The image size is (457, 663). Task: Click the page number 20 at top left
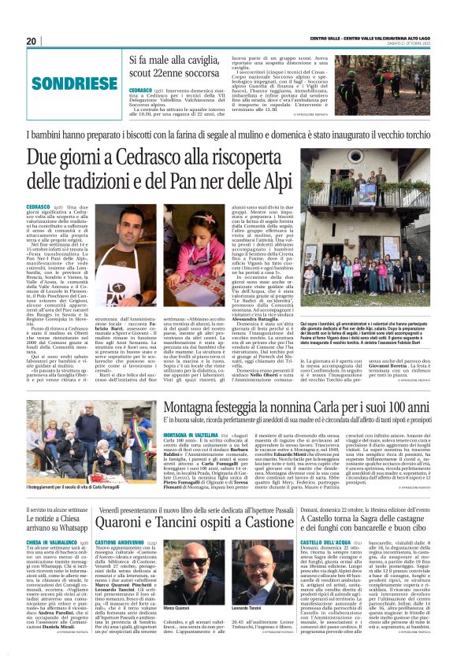pyautogui.click(x=31, y=41)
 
